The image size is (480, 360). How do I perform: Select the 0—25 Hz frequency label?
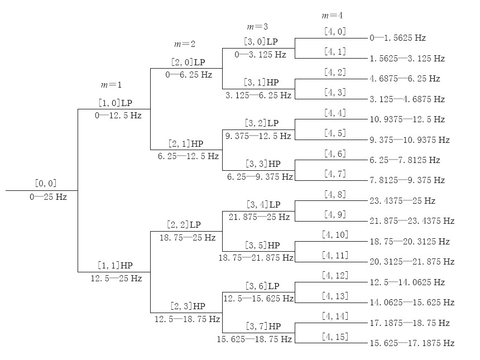[48, 197]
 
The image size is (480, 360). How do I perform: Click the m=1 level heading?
[111, 85]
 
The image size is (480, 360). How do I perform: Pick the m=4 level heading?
[332, 16]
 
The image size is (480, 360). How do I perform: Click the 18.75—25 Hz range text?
[186, 238]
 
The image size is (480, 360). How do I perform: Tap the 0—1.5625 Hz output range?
[397, 38]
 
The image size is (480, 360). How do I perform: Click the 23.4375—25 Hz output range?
[402, 200]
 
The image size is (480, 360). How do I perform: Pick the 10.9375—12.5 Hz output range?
[406, 119]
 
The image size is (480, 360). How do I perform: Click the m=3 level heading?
[257, 26]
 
